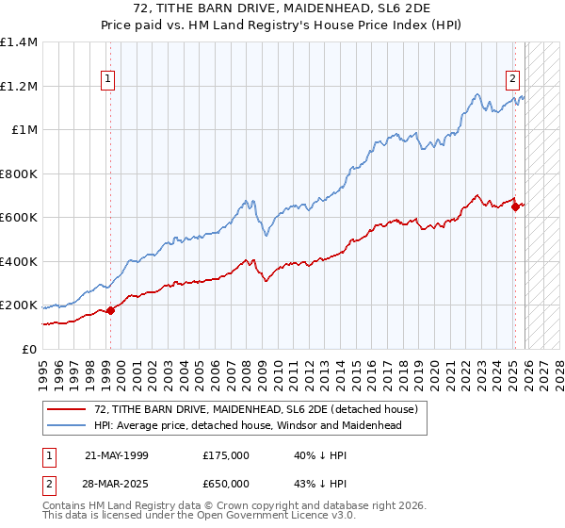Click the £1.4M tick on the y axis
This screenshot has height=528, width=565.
(x=19, y=42)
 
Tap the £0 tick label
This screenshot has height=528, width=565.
(x=29, y=350)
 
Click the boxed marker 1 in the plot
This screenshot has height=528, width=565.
(x=110, y=80)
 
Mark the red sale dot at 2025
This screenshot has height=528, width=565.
(x=515, y=207)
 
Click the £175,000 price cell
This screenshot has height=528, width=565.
(x=226, y=454)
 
